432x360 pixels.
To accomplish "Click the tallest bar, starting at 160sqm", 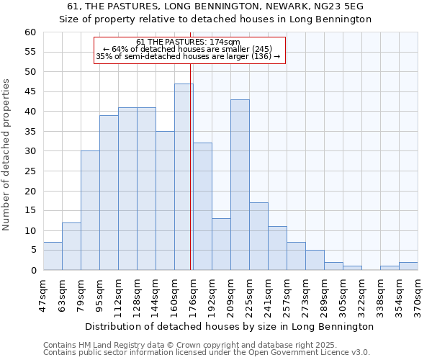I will (x=184, y=177).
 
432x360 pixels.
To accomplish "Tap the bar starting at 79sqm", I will (x=90, y=210).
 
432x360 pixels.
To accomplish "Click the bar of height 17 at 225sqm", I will (x=258, y=236).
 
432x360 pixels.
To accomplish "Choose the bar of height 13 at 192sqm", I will (x=221, y=244).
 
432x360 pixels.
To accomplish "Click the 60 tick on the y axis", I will (x=30, y=32).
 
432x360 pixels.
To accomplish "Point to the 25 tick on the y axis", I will (x=30, y=171).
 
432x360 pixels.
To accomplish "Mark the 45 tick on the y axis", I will (x=30, y=91).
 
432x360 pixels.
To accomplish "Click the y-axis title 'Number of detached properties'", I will (x=7, y=155).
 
